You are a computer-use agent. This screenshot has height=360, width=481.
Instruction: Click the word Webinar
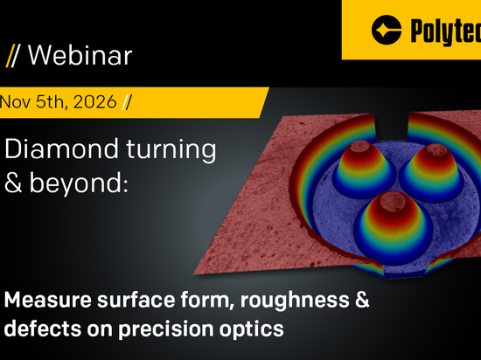point(80,55)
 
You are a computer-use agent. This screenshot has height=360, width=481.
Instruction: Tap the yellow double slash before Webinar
point(12,55)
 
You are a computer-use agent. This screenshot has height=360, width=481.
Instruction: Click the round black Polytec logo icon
point(387,30)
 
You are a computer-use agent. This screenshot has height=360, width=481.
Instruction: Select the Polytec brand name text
point(446,31)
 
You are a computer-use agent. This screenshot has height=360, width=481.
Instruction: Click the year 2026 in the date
point(95,101)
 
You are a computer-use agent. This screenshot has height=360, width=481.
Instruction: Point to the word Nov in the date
point(15,101)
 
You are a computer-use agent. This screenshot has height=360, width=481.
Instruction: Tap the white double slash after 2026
point(127,101)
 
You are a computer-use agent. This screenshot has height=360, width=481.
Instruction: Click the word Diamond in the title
point(61,149)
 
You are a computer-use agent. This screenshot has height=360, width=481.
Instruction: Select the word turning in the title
point(171,150)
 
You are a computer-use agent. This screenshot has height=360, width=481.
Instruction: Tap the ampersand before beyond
point(13,183)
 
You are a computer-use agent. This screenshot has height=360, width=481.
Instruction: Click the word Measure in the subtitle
point(48,300)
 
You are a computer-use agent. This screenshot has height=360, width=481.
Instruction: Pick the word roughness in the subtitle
point(295,301)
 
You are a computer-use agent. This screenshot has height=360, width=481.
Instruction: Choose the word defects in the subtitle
point(43,329)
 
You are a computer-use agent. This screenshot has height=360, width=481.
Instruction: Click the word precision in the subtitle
point(165,329)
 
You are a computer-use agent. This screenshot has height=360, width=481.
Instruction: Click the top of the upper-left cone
point(359,146)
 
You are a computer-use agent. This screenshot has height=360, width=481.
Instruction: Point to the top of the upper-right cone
point(436,149)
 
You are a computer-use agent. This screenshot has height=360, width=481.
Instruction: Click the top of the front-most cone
point(393,199)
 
